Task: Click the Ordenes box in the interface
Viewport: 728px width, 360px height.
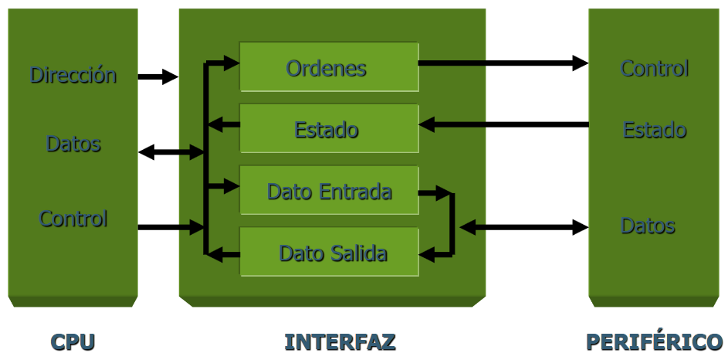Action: click(328, 67)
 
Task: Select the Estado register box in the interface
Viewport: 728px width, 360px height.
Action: click(328, 128)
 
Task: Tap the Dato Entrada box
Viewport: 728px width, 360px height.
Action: click(328, 190)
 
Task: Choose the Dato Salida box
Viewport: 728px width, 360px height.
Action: click(328, 252)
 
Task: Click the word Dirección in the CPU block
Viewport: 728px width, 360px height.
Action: click(73, 75)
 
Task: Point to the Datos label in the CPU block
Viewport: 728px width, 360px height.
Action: click(73, 144)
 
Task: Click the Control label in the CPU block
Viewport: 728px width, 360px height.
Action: click(73, 219)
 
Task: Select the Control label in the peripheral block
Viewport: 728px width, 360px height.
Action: click(654, 68)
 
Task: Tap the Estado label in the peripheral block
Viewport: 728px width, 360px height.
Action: click(654, 129)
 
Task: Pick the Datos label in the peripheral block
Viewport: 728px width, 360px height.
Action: click(648, 226)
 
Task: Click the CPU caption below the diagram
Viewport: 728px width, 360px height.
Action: click(73, 341)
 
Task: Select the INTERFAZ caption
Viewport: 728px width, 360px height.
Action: click(340, 341)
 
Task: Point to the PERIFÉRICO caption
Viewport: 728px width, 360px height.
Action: click(654, 341)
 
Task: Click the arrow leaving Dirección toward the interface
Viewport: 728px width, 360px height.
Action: click(157, 76)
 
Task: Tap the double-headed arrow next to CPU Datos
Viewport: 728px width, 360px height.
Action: click(171, 152)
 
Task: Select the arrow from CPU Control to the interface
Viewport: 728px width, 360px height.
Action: click(170, 227)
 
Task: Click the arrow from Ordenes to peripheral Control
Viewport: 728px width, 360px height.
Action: click(503, 63)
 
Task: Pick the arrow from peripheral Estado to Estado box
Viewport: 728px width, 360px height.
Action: click(503, 124)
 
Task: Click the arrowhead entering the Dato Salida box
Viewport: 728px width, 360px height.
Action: click(428, 252)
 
